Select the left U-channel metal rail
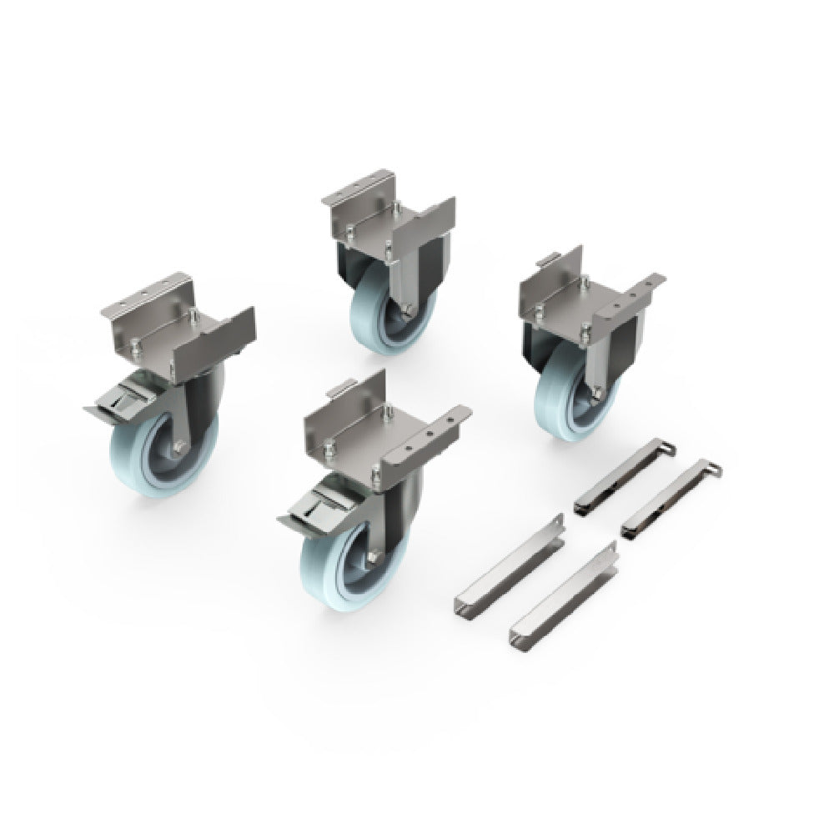click(509, 567)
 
